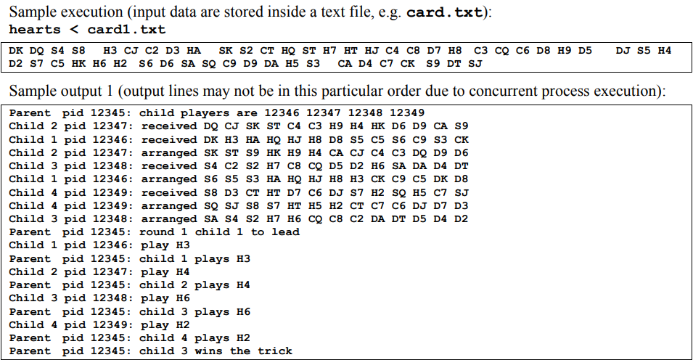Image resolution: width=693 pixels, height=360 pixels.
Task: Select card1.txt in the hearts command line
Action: (x=126, y=30)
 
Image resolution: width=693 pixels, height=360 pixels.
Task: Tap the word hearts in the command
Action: (x=33, y=30)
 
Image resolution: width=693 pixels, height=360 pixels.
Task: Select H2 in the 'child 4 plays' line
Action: (x=242, y=338)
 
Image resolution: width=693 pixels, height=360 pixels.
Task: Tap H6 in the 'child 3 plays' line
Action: (x=242, y=311)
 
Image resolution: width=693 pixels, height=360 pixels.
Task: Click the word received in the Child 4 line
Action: (x=166, y=192)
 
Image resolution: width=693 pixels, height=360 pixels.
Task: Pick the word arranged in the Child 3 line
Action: (x=166, y=219)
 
